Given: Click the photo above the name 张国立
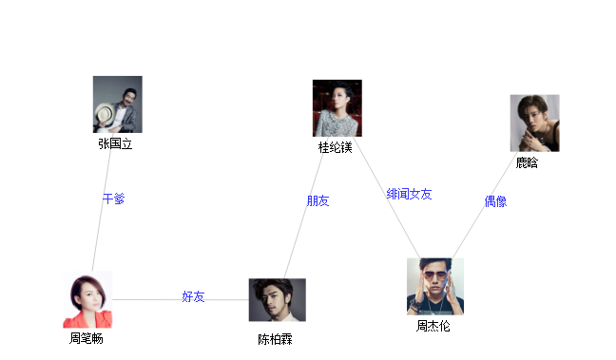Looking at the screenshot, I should coord(117,104).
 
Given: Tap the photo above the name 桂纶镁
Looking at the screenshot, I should coord(337,108).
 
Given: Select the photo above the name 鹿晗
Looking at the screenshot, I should coord(534,123).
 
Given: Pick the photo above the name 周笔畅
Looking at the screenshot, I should coord(87,299).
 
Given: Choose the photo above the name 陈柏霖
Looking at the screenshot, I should coord(278,300).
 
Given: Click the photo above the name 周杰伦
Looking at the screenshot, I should coord(435,286).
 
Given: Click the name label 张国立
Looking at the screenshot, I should coord(115,144).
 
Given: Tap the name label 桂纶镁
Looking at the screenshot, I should coord(336,148).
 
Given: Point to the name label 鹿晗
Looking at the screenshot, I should coord(527,163).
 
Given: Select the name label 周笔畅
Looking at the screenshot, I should coord(86,339).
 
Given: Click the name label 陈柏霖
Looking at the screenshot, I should coord(275,340).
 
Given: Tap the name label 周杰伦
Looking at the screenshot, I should coord(433,326).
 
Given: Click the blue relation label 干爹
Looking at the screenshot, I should coord(113,199).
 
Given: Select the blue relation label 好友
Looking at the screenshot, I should coord(193,297).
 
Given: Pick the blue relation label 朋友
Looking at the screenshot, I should coord(318,201).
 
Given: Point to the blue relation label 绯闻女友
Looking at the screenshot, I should coord(409,194).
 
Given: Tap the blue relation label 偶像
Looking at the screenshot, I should coord(495,201).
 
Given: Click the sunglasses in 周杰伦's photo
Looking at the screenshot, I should coord(434,276).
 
